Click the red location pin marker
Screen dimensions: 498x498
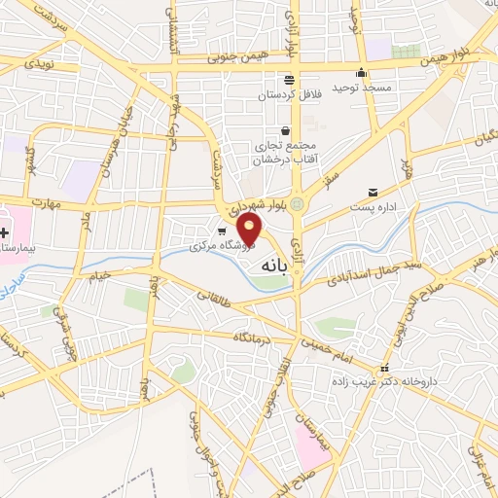251,229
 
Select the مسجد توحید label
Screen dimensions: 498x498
362,89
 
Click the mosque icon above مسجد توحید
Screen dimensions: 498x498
362,71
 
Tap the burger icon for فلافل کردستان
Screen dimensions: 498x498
289,80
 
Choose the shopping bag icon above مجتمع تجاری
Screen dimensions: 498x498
284,130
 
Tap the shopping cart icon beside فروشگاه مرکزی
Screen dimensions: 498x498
223,231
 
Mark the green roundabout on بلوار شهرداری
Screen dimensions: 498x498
298,203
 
